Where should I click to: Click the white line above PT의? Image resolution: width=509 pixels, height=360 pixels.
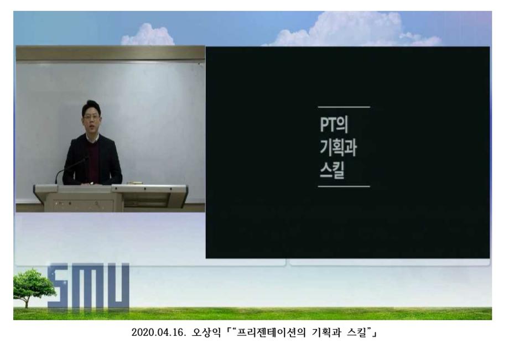[x=344, y=107]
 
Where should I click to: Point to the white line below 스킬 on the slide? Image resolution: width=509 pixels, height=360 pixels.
[x=344, y=187]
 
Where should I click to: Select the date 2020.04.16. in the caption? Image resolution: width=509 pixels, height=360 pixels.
[x=157, y=333]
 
